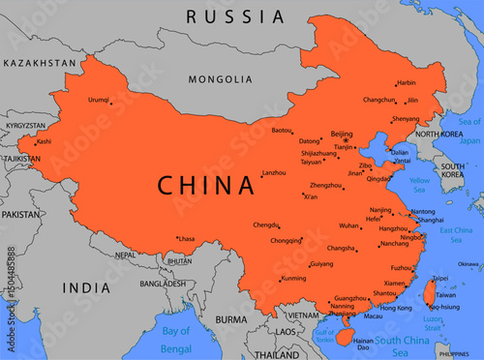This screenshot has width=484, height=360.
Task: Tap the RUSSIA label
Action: (x=236, y=16)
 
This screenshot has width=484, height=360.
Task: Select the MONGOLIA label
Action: (x=219, y=79)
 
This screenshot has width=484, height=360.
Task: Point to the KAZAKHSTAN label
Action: (x=39, y=62)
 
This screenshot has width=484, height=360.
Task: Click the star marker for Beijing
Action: (x=345, y=140)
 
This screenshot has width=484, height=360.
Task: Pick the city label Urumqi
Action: (x=99, y=100)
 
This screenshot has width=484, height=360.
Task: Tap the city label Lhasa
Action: (x=187, y=238)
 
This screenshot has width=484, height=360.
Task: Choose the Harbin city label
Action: (x=407, y=83)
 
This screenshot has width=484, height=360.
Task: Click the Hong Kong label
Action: (x=396, y=308)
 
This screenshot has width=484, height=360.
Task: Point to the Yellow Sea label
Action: (x=420, y=184)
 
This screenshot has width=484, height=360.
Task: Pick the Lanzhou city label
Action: (x=275, y=172)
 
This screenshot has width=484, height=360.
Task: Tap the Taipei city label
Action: (x=439, y=278)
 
